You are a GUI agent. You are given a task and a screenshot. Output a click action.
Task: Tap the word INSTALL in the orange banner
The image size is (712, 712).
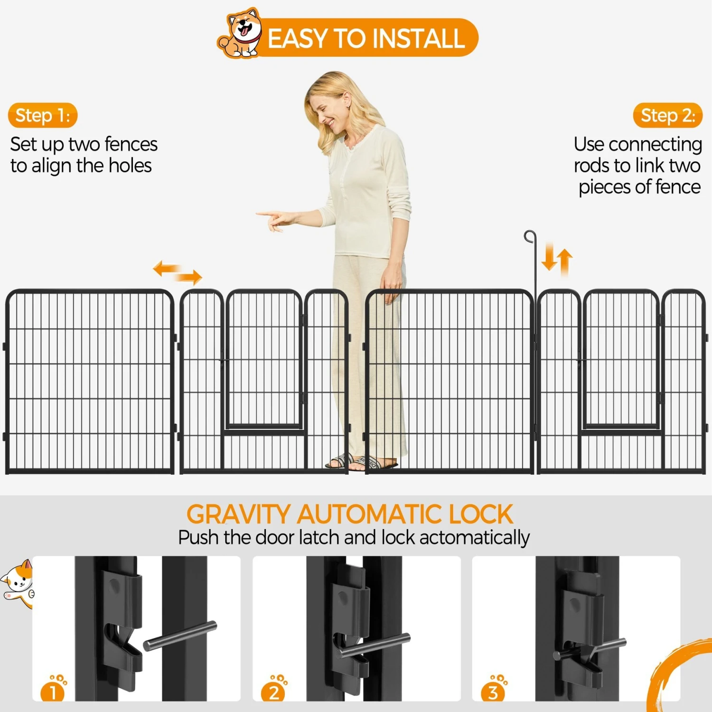pyautogui.click(x=418, y=38)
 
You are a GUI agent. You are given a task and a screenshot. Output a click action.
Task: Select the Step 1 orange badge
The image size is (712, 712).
pyautogui.click(x=42, y=115)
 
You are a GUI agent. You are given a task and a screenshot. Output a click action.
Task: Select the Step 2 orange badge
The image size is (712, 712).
pyautogui.click(x=667, y=115)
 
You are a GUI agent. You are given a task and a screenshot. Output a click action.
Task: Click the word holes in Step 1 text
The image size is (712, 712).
pyautogui.click(x=130, y=166)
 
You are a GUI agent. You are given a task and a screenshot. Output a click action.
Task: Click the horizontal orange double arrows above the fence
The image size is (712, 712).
pyautogui.click(x=178, y=272)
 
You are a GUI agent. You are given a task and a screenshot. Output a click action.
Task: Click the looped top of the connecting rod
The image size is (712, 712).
pyautogui.click(x=530, y=236)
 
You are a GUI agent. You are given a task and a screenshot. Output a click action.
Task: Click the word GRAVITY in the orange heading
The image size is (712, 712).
pyautogui.click(x=238, y=514)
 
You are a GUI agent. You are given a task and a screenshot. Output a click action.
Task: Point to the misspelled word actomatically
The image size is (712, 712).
pyautogui.click(x=474, y=538)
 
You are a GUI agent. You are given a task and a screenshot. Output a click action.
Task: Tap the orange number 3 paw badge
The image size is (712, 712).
pyautogui.click(x=494, y=691)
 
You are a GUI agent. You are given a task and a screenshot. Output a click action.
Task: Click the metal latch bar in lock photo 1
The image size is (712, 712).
pyautogui.click(x=180, y=636)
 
